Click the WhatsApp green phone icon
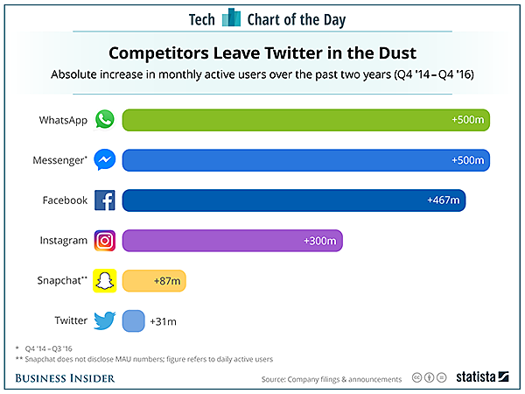click(x=105, y=120)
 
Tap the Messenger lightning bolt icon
click(x=105, y=160)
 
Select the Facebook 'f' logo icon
click(x=105, y=201)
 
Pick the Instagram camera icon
click(x=105, y=241)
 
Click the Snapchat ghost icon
click(x=105, y=281)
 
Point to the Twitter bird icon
click(x=105, y=321)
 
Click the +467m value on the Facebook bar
click(x=443, y=201)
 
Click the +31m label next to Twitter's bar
click(x=164, y=321)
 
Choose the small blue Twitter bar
click(x=133, y=321)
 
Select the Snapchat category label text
click(x=61, y=281)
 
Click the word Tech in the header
click(x=201, y=18)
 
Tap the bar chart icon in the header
click(x=231, y=18)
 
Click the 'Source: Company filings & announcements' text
click(x=332, y=379)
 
